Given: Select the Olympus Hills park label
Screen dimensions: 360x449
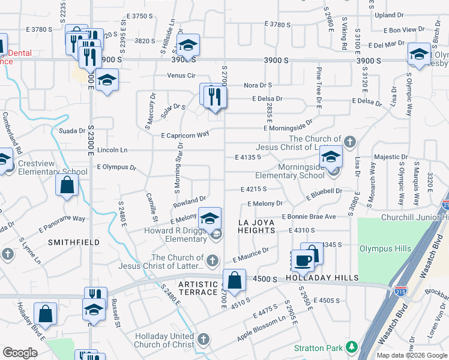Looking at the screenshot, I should pos(385,248).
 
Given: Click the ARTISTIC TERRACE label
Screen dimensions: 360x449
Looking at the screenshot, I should pos(198,287).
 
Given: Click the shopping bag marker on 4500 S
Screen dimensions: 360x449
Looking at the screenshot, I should pos(234,279).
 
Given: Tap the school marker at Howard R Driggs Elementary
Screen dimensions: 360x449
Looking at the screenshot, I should pos(209,218).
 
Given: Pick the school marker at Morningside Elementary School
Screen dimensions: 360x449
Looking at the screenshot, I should pos(330,157).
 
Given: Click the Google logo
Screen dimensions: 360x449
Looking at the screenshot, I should pos(20,353).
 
